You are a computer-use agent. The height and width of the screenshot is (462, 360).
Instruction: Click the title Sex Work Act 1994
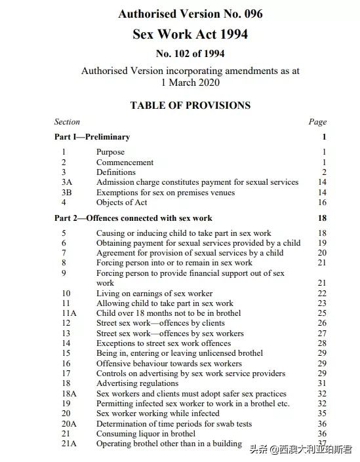190,34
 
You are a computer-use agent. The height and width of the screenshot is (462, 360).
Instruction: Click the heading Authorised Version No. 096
190,14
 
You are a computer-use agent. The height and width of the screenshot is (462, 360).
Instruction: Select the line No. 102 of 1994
190,54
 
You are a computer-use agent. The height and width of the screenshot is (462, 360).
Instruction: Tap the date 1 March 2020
190,83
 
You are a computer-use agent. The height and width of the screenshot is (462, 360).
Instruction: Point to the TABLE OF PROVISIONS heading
190,105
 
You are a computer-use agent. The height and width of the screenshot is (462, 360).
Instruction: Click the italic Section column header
67,121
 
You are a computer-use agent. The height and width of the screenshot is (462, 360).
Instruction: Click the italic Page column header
317,121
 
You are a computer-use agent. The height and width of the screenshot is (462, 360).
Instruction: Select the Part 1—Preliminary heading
92,137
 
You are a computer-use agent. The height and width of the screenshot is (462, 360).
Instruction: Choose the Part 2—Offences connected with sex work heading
133,218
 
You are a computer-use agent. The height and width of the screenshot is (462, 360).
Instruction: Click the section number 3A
67,182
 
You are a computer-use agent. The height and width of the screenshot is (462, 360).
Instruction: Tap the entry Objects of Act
122,202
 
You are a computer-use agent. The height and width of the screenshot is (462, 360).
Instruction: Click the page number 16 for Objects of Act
321,202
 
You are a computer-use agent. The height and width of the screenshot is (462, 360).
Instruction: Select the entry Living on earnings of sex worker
154,293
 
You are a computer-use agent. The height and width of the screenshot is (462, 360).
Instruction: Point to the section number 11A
69,313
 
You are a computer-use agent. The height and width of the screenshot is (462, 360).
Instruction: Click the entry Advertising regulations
137,383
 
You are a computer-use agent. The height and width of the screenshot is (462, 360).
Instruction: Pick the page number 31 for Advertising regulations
321,383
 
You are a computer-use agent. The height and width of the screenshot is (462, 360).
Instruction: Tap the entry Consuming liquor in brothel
146,433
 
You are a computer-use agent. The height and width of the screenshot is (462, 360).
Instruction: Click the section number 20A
69,423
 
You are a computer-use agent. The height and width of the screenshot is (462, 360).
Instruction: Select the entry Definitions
116,172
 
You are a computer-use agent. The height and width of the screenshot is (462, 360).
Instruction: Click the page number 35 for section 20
321,414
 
